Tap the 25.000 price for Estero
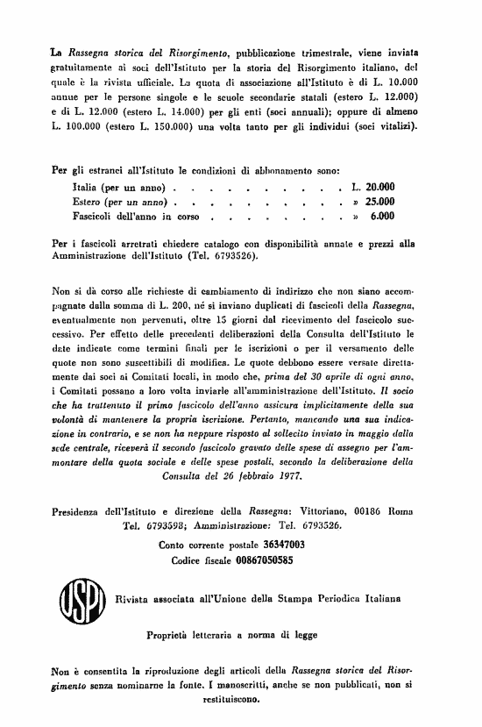point(379,201)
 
